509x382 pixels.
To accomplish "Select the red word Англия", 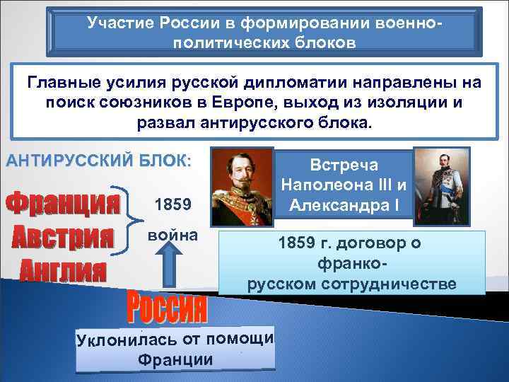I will tap(63, 270).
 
